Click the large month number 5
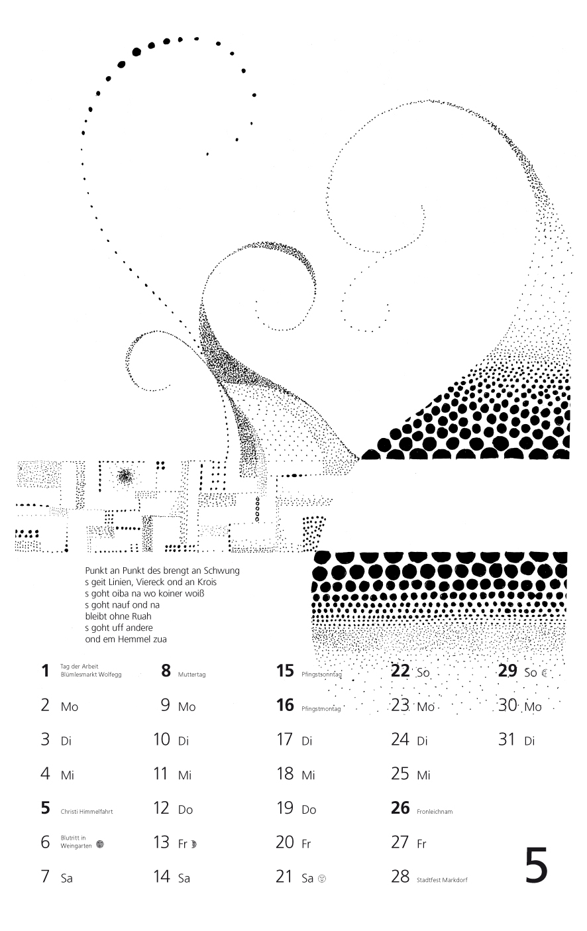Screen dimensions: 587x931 [536, 866]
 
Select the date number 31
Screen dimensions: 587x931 [507, 739]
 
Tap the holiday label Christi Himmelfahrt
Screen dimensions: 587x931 [86, 811]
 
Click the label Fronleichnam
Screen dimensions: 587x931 [435, 811]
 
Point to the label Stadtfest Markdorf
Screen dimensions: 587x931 [442, 880]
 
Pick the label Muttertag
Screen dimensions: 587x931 [191, 674]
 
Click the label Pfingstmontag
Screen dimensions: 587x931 [321, 708]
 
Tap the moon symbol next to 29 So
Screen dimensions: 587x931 [544, 673]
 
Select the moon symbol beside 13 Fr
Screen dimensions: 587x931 [193, 844]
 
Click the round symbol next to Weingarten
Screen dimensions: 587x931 [99, 844]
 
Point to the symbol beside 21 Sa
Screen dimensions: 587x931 [321, 879]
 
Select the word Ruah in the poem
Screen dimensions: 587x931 [142, 616]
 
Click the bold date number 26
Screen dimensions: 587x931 [400, 808]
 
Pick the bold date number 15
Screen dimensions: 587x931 [285, 671]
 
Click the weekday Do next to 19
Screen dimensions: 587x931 [309, 810]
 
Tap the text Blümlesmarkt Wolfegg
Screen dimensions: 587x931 [91, 675]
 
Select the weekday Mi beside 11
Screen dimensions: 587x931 [185, 775]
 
